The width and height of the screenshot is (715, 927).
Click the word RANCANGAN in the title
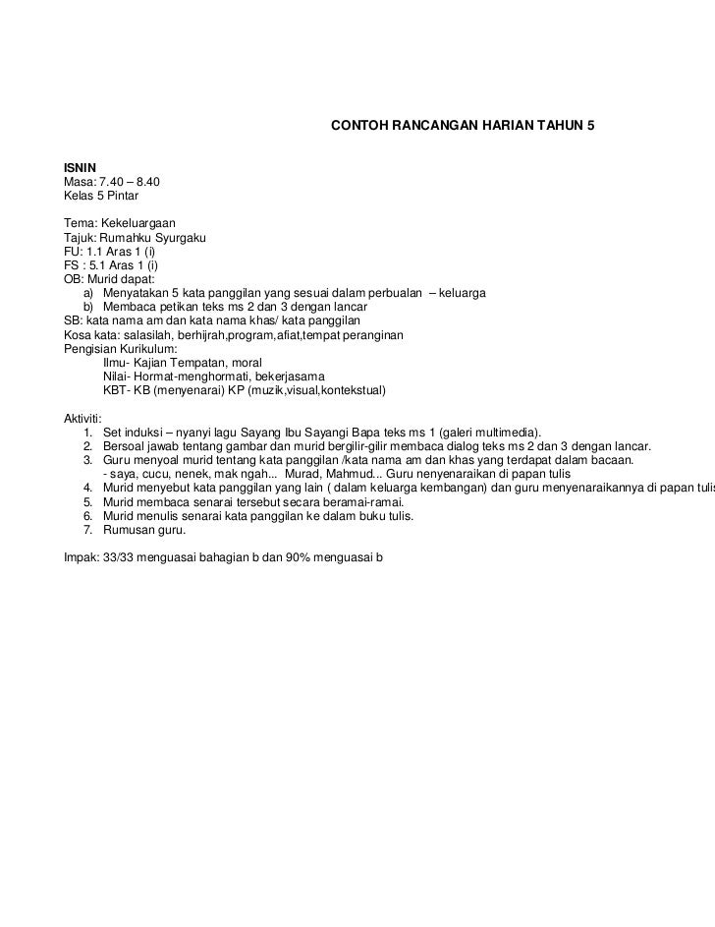tap(423, 128)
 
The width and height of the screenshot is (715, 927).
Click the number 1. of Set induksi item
tap(89, 432)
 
